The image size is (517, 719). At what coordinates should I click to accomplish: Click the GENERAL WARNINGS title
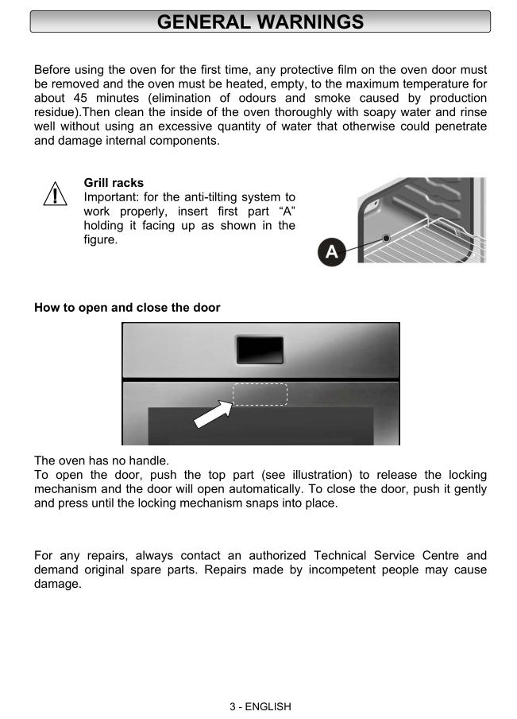click(x=260, y=21)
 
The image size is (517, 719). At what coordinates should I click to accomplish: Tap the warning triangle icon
click(x=54, y=194)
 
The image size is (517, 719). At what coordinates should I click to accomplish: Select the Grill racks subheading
click(x=114, y=183)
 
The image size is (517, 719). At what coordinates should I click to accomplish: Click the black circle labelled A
click(x=331, y=253)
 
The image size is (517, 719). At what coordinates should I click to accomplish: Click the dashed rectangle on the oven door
click(x=260, y=394)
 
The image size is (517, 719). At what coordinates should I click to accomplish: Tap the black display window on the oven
click(x=260, y=350)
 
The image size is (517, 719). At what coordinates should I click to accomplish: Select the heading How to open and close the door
click(x=127, y=307)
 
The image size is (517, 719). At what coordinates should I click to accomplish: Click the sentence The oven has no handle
click(x=102, y=461)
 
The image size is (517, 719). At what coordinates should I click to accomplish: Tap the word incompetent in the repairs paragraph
click(x=336, y=569)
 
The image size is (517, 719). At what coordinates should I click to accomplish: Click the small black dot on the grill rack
click(x=386, y=238)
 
